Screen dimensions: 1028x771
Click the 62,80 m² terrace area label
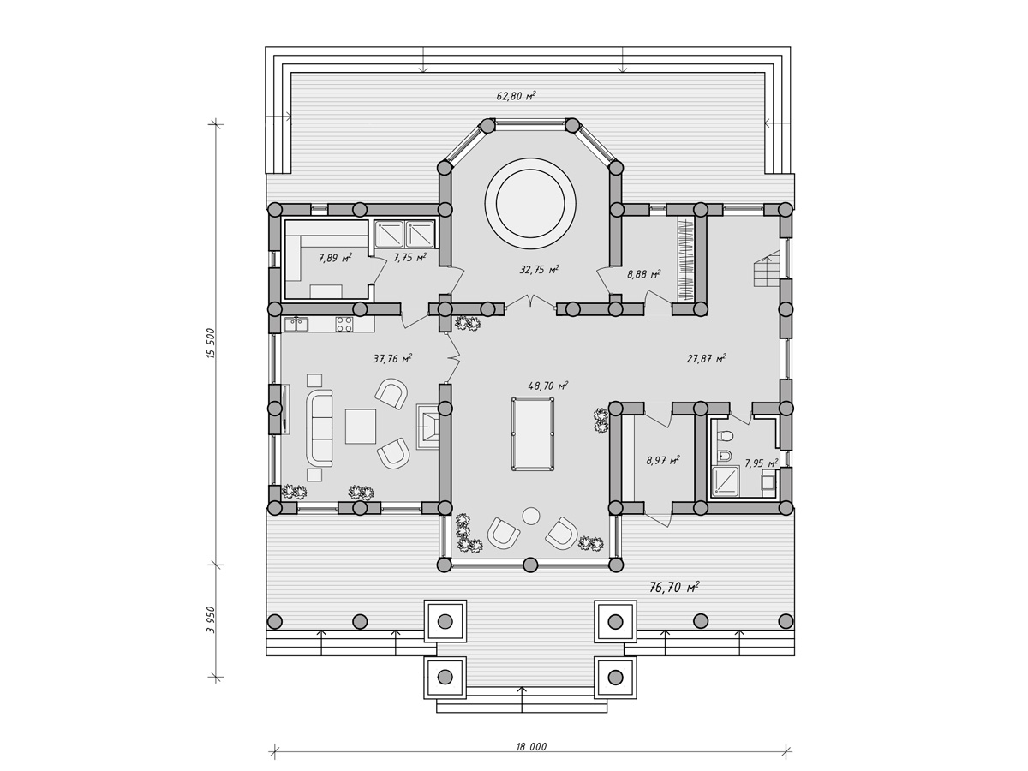click(x=516, y=97)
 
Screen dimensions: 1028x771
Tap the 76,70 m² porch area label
click(x=674, y=587)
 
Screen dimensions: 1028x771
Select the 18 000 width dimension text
click(x=531, y=747)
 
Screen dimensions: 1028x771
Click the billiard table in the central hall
click(x=533, y=433)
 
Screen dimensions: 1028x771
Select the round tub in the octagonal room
click(x=530, y=204)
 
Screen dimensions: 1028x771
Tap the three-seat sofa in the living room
click(x=320, y=427)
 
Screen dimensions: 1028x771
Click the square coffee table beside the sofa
click(x=361, y=426)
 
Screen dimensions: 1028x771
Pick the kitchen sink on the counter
click(x=296, y=324)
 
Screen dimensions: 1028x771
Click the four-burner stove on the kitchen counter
click(x=344, y=325)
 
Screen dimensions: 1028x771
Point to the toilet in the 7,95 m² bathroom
click(x=726, y=436)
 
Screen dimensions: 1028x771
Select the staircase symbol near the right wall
click(x=767, y=268)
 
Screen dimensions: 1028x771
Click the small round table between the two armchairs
click(x=531, y=516)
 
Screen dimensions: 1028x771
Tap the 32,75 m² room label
click(x=540, y=270)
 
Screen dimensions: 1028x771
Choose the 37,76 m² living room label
click(x=392, y=359)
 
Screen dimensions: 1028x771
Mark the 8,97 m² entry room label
click(x=663, y=461)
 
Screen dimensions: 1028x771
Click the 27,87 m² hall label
click(x=706, y=359)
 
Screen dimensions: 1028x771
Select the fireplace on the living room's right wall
click(x=427, y=427)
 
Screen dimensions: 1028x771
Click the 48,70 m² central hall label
click(x=548, y=385)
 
